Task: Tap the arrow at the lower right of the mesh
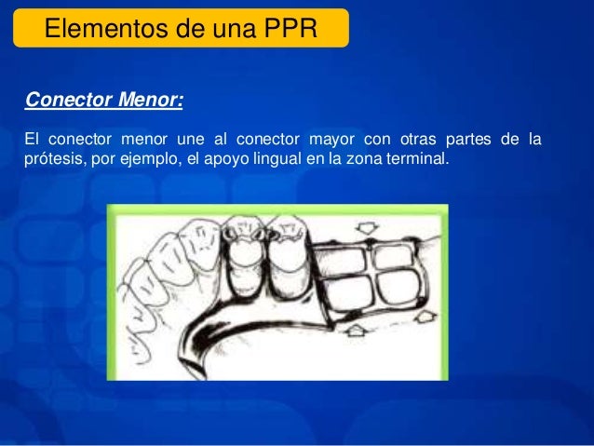(424, 318)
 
